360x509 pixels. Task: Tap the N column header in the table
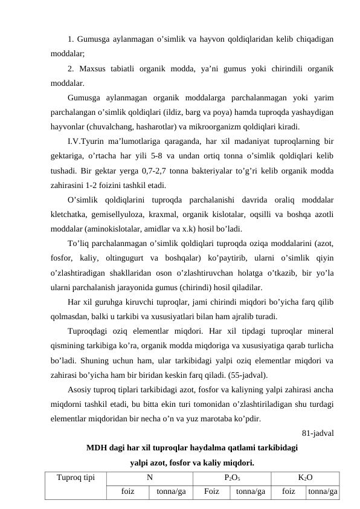(149, 477)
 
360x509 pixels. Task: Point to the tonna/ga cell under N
(171, 491)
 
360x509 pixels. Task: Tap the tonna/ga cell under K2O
(322, 491)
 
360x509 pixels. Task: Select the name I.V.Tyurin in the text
(88, 141)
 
